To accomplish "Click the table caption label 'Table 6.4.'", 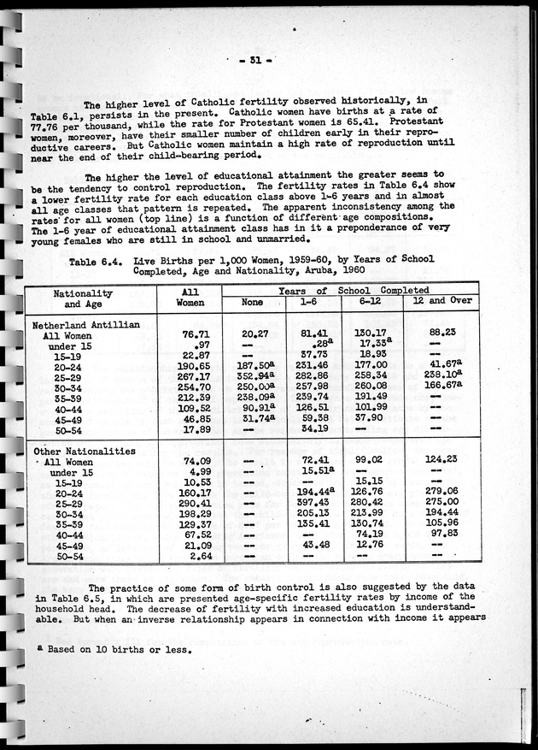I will [x=96, y=259].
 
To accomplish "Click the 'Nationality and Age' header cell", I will [x=83, y=298].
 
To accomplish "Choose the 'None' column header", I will [x=252, y=302].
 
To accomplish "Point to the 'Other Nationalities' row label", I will [x=84, y=451].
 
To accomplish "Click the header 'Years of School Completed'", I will [x=350, y=291].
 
